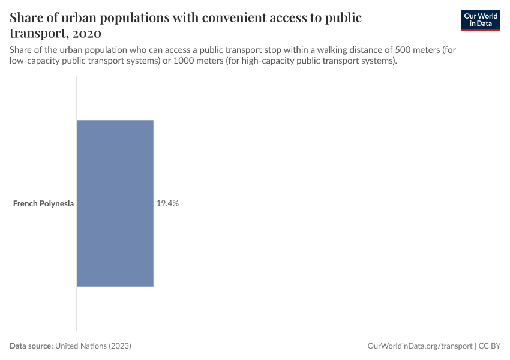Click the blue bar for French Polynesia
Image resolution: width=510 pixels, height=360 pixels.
click(115, 203)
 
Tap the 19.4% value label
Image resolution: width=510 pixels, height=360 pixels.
click(167, 203)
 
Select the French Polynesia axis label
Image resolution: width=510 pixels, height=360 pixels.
click(43, 203)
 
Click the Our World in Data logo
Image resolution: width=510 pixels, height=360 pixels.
click(481, 20)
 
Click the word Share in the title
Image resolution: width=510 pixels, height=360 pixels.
click(28, 17)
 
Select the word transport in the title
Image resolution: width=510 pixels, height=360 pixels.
click(39, 32)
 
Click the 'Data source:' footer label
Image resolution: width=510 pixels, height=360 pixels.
click(31, 346)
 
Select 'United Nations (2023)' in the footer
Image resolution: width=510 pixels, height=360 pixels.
click(93, 346)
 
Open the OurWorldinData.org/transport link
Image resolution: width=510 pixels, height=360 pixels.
click(419, 346)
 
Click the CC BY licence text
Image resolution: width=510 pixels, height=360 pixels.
click(490, 346)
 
